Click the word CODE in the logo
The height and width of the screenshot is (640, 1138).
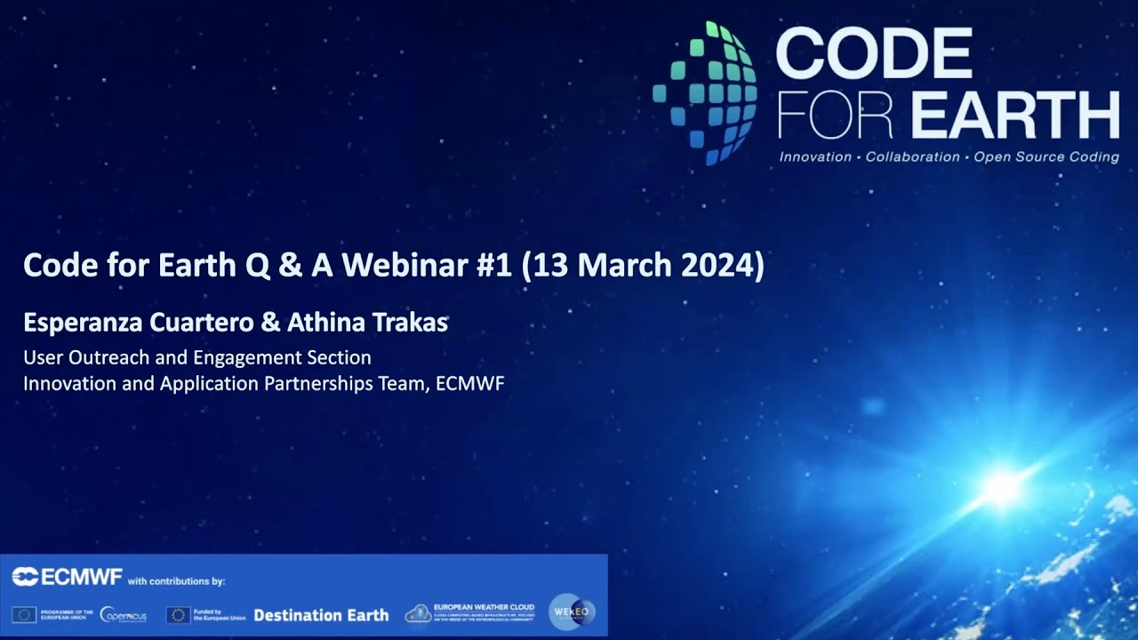tap(874, 54)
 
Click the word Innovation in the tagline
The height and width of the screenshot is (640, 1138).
tap(815, 157)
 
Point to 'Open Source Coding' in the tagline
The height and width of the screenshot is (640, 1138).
tap(1046, 157)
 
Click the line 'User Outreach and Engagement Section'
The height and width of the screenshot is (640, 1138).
tap(196, 358)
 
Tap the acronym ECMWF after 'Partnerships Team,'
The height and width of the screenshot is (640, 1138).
tap(470, 384)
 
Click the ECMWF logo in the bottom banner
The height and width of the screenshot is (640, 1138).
tap(67, 578)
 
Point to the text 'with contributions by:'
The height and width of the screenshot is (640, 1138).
tap(177, 582)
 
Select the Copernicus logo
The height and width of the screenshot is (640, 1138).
tap(124, 614)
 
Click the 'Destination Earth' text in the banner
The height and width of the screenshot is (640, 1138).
tap(321, 615)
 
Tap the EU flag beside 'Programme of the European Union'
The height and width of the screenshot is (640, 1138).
tap(24, 614)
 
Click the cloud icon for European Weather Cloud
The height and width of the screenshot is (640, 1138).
tap(418, 613)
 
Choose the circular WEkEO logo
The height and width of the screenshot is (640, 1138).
tap(572, 612)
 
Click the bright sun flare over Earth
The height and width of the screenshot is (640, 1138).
tap(1002, 487)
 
